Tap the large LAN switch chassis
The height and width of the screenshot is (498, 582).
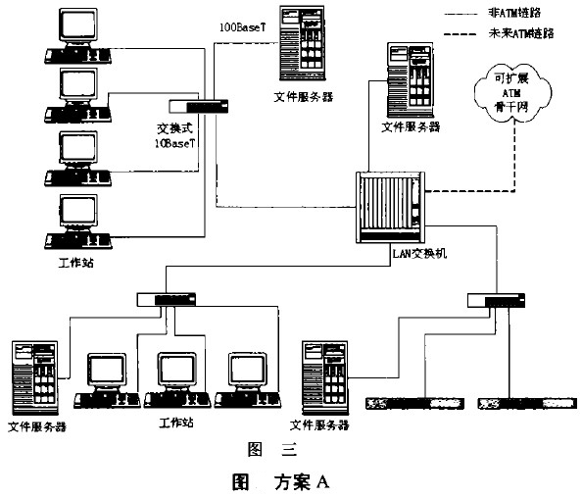(386, 208)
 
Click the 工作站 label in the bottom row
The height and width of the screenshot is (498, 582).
(178, 424)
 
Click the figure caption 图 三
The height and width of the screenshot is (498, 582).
(271, 451)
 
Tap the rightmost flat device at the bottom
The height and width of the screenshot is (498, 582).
(520, 404)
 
